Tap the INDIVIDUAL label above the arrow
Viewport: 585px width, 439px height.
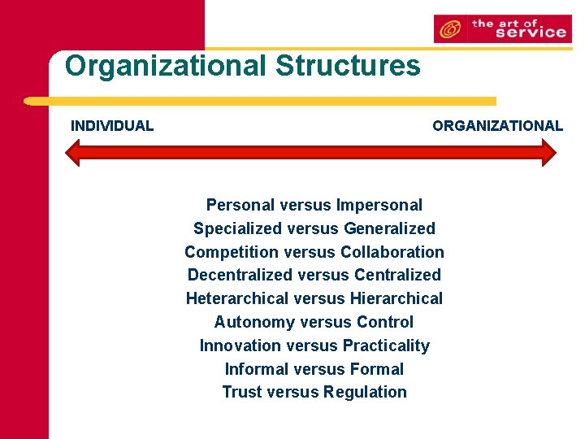coord(112,126)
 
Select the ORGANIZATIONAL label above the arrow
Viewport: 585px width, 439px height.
coord(497,126)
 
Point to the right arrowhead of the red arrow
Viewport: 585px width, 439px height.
coord(548,153)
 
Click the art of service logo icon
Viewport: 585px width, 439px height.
coord(449,30)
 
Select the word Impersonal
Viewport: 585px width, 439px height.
coord(379,205)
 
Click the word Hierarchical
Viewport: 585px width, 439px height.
coord(396,298)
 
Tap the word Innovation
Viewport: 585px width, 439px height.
coord(238,346)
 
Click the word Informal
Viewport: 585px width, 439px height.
coord(255,369)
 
